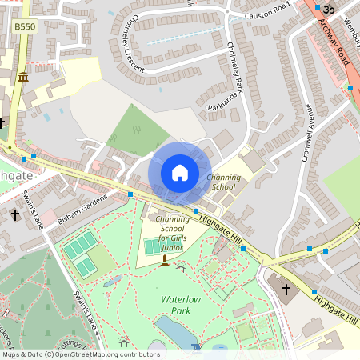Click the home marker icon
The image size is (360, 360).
[180, 173]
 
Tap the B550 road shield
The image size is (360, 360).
[24, 26]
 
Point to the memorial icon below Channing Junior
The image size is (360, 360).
[165, 260]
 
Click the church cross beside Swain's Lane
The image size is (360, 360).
[15, 215]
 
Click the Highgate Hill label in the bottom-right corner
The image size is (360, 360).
[335, 311]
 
